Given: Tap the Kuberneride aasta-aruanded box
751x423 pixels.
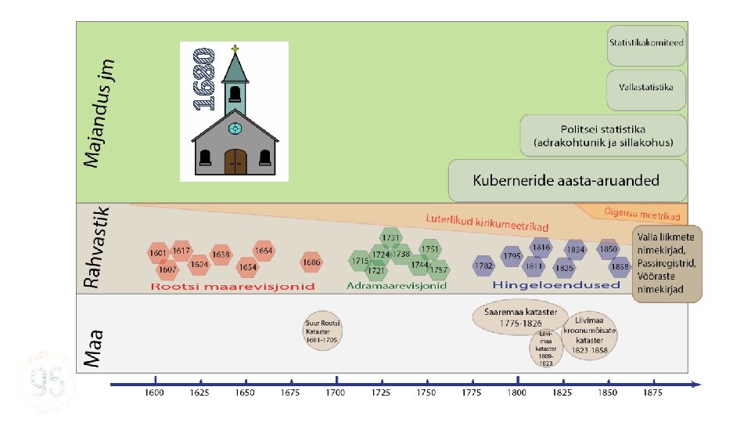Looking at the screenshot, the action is (x=566, y=180).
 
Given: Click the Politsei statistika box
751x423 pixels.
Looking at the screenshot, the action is (x=602, y=136).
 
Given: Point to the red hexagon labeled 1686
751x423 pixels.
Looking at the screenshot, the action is (x=311, y=262).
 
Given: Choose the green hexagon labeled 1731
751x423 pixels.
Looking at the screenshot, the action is (x=391, y=238).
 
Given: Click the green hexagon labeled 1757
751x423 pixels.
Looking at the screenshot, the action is (x=439, y=270).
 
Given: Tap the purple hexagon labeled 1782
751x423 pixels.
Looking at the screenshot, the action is (x=483, y=266).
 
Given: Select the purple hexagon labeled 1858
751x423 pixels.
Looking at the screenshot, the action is (x=620, y=266).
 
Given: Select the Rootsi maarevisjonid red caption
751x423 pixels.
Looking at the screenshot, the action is (x=233, y=286).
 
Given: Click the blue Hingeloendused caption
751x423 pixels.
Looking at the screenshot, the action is (x=556, y=284).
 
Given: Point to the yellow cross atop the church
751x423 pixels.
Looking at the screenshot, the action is (x=235, y=49).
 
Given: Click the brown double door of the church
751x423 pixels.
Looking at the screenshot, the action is (x=235, y=161).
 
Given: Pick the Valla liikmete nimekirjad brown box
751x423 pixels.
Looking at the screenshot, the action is (x=667, y=264).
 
